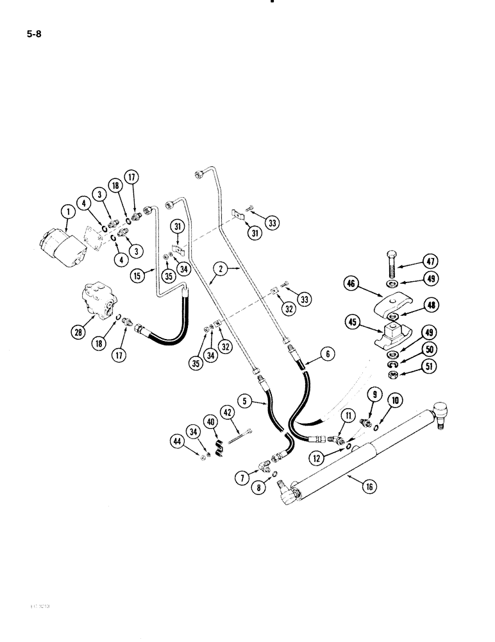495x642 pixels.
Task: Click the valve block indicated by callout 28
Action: tap(99, 302)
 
